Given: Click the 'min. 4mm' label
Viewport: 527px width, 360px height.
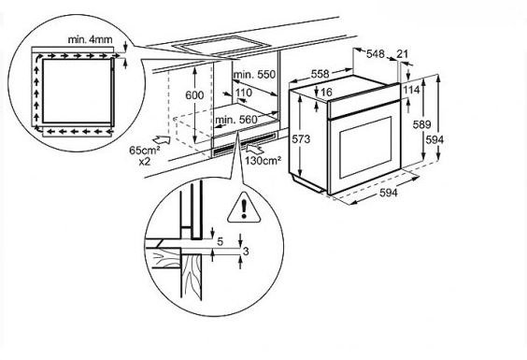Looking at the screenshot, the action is coord(90,39).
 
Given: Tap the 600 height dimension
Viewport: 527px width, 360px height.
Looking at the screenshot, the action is coord(194,95).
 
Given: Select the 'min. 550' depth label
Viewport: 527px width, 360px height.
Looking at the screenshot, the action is coord(254,75).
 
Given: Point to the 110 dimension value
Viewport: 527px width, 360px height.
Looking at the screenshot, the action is coord(243,93).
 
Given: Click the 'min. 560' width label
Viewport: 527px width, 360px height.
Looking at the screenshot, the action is coord(236,120).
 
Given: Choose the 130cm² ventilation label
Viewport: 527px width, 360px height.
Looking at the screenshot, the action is coord(263,161).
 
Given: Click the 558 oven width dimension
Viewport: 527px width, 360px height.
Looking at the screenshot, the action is coord(320,74).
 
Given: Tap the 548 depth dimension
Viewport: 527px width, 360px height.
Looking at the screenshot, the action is coord(375,54).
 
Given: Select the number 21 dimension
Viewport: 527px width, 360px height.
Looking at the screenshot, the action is coord(403,54).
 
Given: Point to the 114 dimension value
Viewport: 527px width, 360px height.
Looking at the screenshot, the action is coord(412,90).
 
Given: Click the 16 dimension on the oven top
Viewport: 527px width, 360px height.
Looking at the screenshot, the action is coord(326,92).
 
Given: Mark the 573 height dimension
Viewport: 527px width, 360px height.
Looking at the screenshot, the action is coord(301,139).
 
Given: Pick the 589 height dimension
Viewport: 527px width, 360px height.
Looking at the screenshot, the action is coord(421,124).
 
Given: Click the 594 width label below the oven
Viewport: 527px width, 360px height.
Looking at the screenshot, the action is coord(388,193).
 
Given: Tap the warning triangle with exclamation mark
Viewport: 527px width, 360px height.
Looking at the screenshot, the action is coord(244,208).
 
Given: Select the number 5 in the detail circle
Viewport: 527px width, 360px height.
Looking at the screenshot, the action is coord(221,241).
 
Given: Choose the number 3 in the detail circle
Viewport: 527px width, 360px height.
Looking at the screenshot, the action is coord(246,252).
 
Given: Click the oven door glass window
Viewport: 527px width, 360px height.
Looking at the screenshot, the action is coord(365,148).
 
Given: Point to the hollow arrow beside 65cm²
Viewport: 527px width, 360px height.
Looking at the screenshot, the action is coord(162,139).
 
